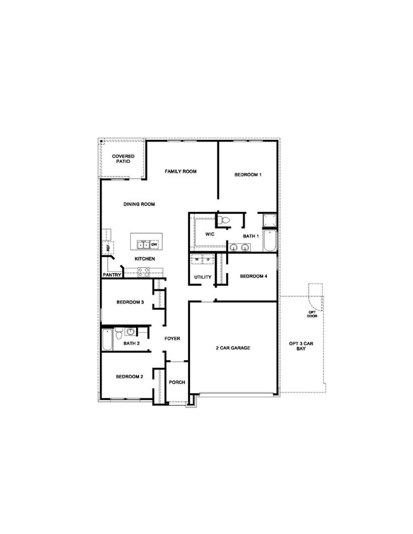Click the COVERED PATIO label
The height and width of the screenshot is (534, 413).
[122, 159]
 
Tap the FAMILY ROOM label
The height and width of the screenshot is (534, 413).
[181, 171]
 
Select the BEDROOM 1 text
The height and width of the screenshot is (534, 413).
[247, 175]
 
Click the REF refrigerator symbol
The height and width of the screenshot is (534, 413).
[107, 249]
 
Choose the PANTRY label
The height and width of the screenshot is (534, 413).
[112, 275]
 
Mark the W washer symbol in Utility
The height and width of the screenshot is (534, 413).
[197, 259]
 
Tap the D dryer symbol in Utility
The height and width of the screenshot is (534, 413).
[207, 259]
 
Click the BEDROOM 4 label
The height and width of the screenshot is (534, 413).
[252, 276]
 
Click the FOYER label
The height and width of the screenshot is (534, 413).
[173, 338]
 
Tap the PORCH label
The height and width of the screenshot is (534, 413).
[177, 382]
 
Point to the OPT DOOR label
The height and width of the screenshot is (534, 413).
[312, 314]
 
